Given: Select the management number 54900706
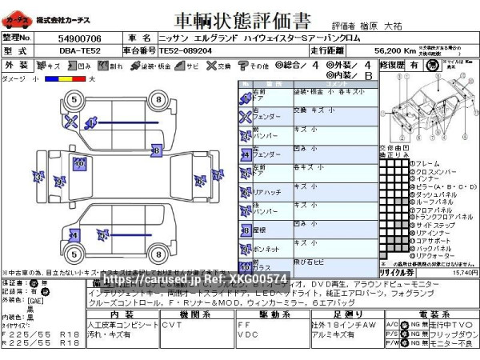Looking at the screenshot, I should (x=79, y=38).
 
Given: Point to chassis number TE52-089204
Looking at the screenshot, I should (x=185, y=50).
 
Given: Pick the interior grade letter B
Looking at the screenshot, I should (x=368, y=76).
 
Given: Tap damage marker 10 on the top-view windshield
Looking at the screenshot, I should (x=78, y=163).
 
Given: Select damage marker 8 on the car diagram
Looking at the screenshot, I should (x=156, y=150).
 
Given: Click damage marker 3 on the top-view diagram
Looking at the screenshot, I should (x=38, y=177).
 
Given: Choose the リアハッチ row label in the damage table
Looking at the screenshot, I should (x=267, y=192).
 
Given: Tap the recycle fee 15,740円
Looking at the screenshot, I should (x=464, y=273).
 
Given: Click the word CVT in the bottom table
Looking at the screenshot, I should (x=172, y=325).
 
